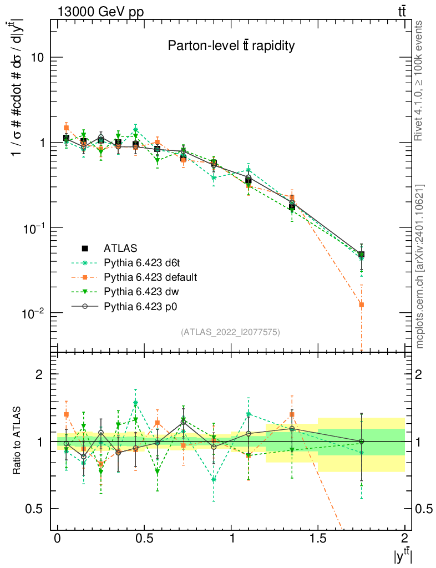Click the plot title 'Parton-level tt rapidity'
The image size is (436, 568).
tap(231, 46)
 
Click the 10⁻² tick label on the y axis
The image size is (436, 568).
tap(32, 313)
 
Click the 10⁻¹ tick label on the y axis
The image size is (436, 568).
tap(32, 228)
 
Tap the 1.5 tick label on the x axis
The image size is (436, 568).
tap(318, 538)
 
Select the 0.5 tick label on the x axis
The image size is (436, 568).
tap(144, 538)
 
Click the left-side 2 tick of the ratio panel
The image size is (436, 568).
tap(39, 374)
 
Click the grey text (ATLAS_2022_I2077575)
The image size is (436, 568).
tap(230, 332)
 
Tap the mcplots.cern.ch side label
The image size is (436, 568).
tap(420, 266)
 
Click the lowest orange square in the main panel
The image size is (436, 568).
tap(361, 305)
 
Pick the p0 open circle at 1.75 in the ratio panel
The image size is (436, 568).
tap(361, 442)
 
